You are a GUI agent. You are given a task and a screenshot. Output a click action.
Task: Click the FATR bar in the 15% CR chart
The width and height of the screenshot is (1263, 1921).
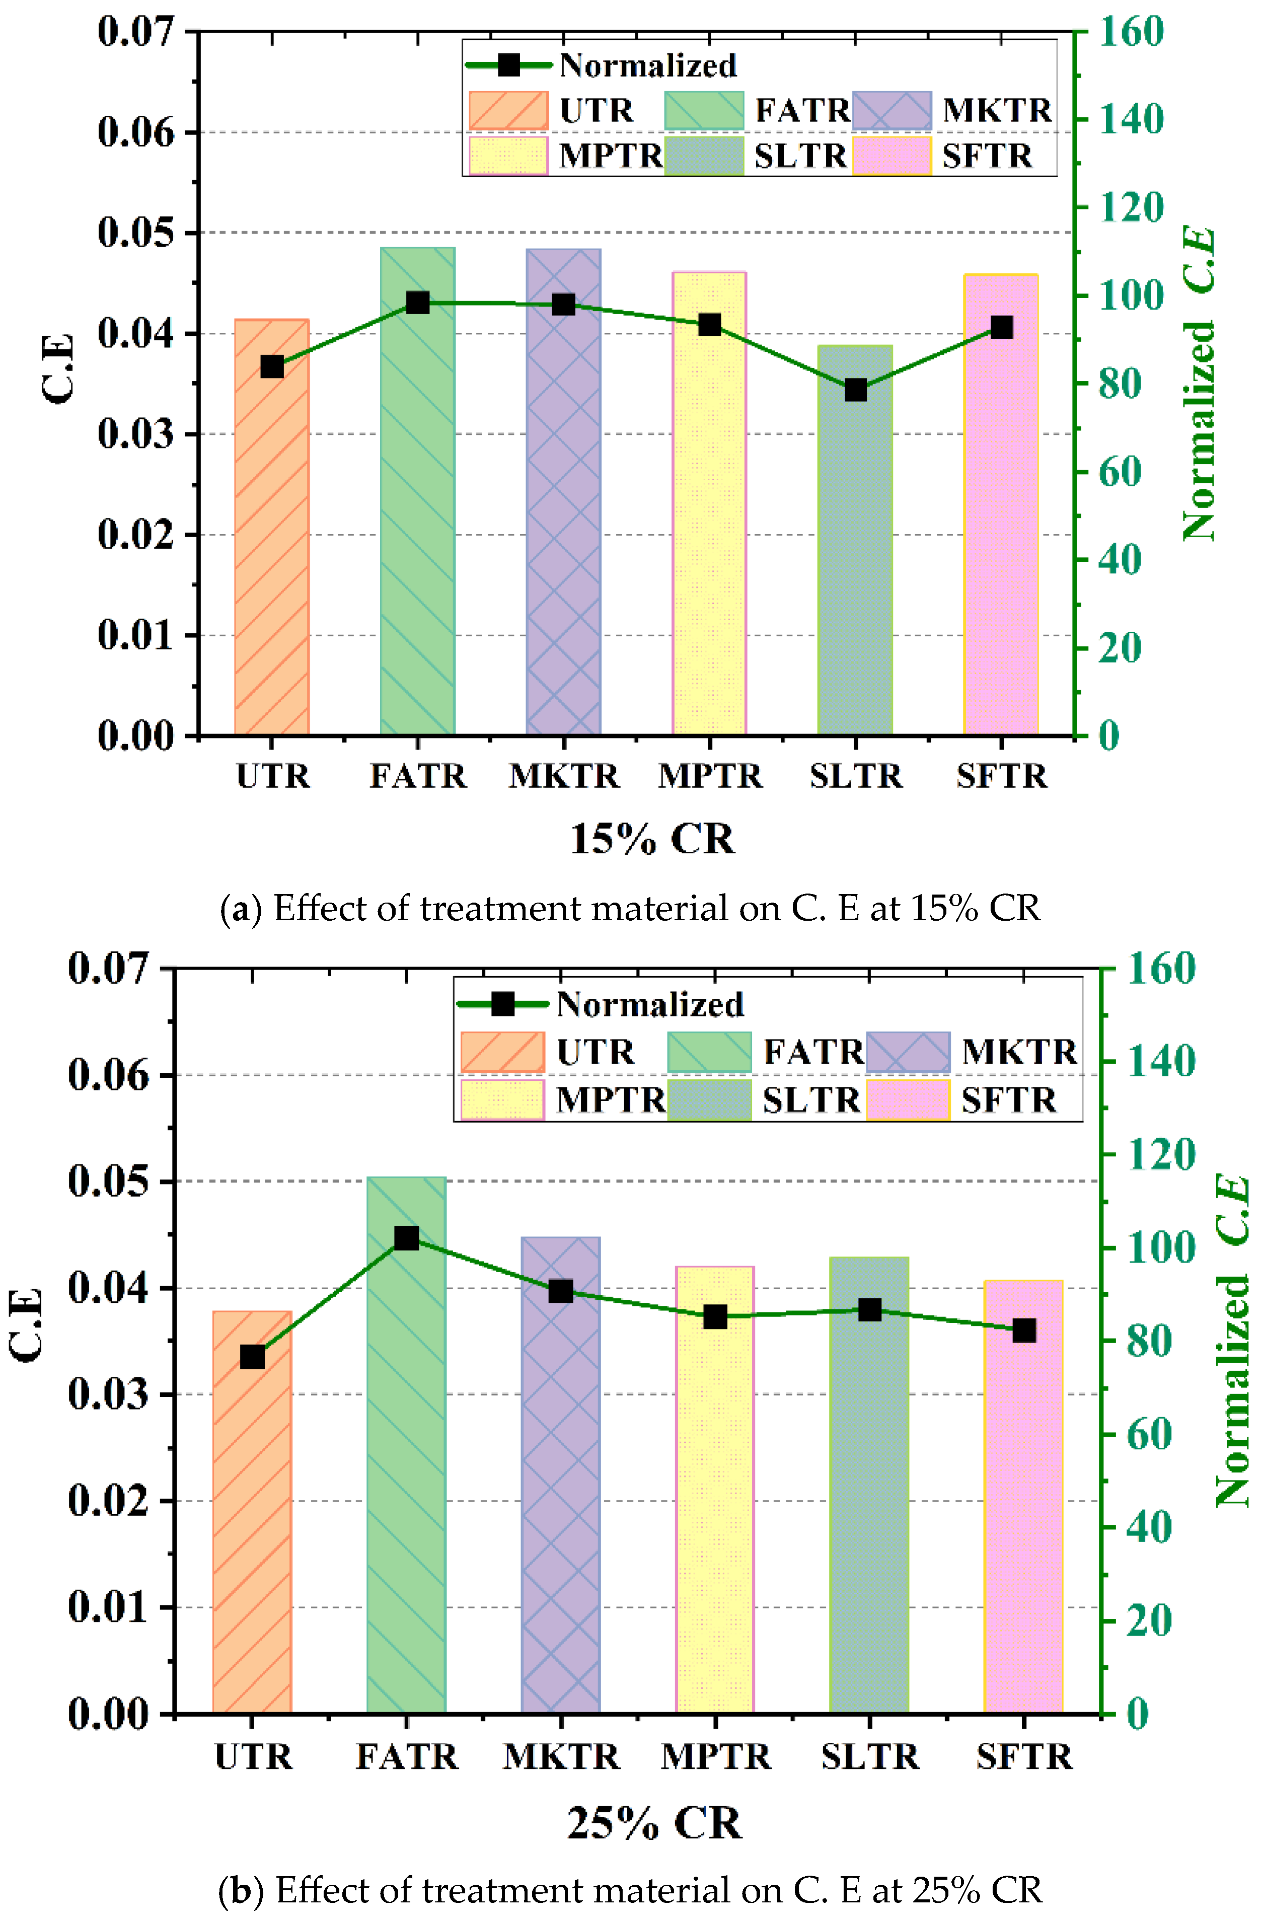click(417, 525)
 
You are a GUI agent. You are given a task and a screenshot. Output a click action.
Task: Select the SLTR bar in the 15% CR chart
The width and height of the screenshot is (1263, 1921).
click(855, 565)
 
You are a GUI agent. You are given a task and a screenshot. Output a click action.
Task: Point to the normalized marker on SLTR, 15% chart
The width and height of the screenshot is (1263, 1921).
click(855, 390)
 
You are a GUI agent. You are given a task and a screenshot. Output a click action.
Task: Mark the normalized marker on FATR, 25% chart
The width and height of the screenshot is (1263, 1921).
click(407, 1238)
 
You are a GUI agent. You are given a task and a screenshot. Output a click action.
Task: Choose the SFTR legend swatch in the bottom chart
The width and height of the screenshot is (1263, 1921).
click(909, 1099)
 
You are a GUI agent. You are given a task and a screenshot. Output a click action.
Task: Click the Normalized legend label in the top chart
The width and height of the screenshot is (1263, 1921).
click(648, 65)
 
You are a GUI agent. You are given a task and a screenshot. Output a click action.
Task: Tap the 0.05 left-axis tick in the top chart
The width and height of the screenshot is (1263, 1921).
click(135, 233)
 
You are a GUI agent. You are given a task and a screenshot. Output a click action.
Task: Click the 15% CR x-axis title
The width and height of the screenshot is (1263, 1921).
click(652, 839)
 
